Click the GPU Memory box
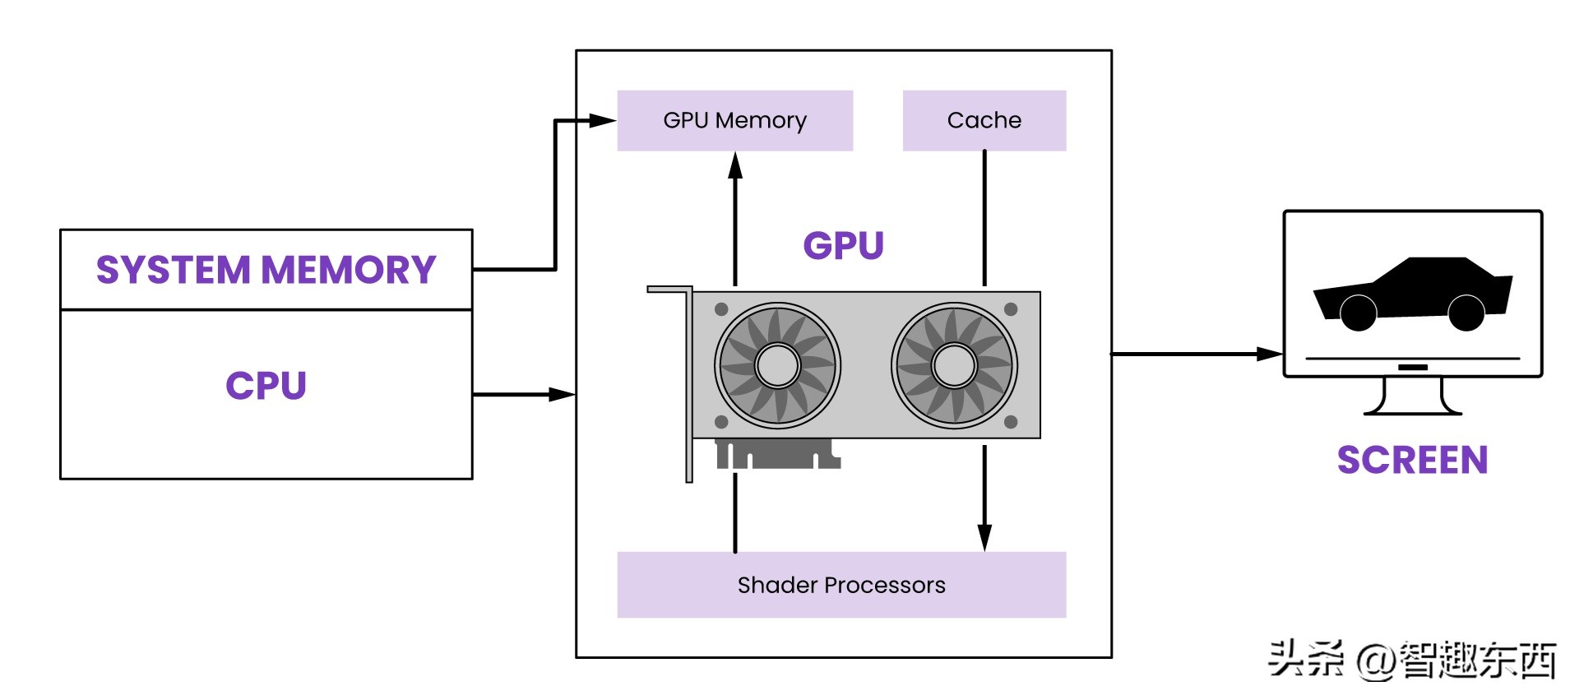pos(734,120)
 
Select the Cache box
pos(984,120)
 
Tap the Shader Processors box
pos(840,585)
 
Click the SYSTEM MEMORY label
pos(266,270)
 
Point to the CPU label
pos(266,385)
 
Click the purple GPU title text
pos(843,245)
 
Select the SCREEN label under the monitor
pos(1412,460)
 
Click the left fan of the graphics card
pos(777,365)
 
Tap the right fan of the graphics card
pos(954,365)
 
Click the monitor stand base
pos(1412,410)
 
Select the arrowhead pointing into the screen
pos(1270,355)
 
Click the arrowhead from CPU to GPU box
pos(563,395)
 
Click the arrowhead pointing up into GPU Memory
pos(735,165)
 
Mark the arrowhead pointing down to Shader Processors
pos(984,538)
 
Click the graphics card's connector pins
pos(777,454)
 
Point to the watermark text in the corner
pos(1411,660)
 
